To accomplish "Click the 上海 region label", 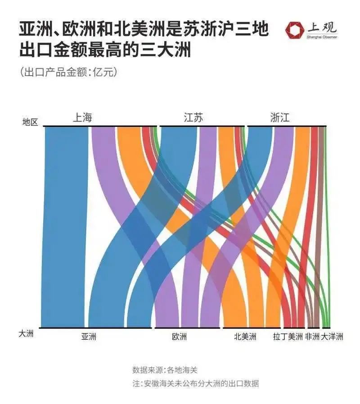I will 82,118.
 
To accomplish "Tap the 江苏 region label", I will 193,118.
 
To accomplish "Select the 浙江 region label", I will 280,118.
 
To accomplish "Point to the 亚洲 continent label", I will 89,337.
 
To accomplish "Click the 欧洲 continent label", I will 179,337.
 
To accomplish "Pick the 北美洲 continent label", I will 245,337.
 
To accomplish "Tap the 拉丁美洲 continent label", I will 288,337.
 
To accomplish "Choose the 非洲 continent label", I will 312,337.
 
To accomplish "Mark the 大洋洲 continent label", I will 332,337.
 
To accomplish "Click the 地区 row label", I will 30,122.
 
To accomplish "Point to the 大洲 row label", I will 26,334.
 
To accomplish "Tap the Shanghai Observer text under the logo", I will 322,37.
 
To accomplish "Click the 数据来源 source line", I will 165,370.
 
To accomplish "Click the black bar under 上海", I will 100,126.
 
